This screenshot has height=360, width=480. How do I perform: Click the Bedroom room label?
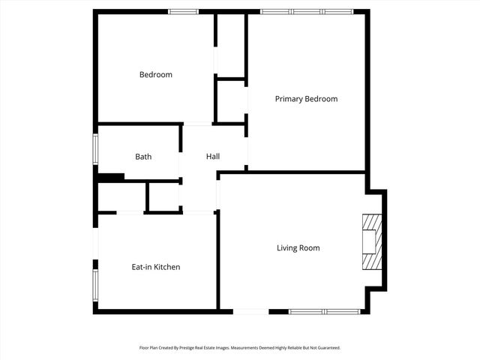[156, 75]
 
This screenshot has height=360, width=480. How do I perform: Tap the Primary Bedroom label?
[306, 99]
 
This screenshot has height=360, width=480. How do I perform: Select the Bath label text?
[143, 157]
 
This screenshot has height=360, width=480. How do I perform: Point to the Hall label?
[213, 157]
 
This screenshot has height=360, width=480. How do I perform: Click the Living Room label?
[298, 248]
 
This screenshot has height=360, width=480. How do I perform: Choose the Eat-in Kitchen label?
[156, 267]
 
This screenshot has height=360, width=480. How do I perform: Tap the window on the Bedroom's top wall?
[183, 11]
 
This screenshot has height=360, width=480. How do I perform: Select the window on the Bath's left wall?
[94, 148]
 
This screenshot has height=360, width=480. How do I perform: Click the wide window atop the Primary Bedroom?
[306, 11]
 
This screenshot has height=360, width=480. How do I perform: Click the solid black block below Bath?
[112, 177]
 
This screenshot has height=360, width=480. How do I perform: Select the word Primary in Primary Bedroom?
[289, 99]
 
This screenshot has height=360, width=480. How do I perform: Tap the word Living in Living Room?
[287, 248]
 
